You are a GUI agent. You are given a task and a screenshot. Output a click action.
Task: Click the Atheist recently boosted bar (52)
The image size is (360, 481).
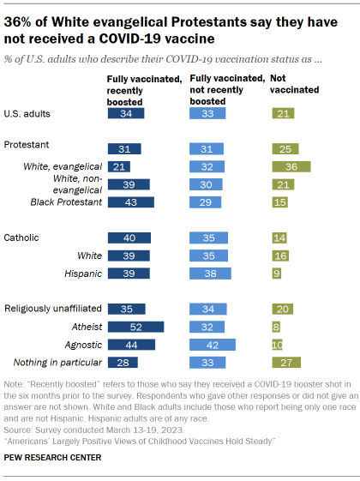click(135, 327)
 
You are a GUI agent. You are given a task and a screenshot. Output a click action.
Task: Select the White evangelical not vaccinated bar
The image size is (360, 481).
click(290, 166)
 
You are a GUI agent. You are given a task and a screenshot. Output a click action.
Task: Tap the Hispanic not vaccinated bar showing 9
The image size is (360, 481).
click(275, 274)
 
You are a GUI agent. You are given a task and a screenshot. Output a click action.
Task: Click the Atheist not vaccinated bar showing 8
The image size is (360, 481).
click(275, 327)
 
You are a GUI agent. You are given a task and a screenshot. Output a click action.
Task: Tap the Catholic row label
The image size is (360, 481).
click(22, 237)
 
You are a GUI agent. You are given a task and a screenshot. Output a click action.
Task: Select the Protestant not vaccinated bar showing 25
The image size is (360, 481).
click(284, 148)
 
